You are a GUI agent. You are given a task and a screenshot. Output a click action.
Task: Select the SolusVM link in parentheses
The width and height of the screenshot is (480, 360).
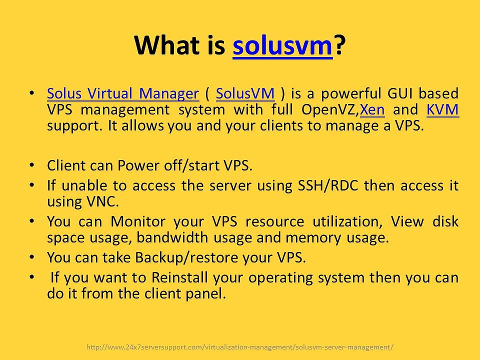[245, 93]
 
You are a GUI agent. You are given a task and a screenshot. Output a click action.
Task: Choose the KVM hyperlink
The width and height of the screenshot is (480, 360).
[443, 109]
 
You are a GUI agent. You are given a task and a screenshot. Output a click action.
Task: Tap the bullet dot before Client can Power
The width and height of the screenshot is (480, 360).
[32, 164]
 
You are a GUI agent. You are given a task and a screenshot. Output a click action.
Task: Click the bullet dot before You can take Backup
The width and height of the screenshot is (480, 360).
[32, 256]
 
